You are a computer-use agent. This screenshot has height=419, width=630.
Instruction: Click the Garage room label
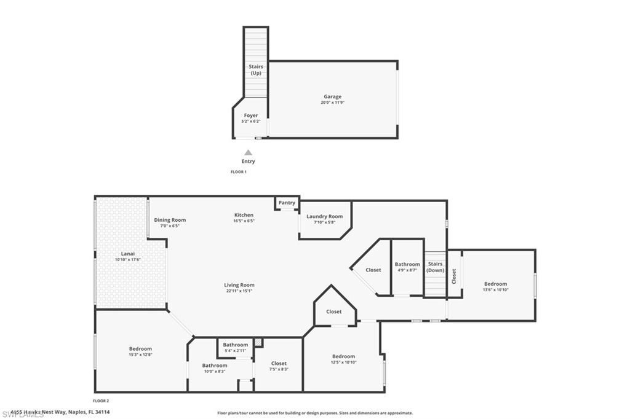pos(333,96)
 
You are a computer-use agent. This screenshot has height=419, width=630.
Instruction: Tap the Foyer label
pos(251,116)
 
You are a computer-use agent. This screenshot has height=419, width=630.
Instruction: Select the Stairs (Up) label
pos(256,69)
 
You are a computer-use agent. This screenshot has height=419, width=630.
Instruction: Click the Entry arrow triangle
pos(248,152)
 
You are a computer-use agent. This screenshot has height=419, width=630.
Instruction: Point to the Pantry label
pos(287,203)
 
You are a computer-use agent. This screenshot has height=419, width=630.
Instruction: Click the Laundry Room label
pos(325,216)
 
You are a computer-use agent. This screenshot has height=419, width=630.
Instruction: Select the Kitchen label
pos(244,215)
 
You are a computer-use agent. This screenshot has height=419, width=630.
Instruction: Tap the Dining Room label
pos(170,220)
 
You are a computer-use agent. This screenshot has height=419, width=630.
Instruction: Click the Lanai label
pos(128,254)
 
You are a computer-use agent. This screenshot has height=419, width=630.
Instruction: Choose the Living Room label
pos(239,285)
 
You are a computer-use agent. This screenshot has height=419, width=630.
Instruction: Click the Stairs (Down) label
pos(436,267)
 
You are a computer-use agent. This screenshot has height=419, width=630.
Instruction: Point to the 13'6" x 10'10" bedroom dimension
pos(495,290)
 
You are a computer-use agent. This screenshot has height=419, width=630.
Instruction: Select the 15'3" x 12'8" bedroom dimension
pos(140,354)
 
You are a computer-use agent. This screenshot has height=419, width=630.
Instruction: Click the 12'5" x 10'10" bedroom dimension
pos(343,362)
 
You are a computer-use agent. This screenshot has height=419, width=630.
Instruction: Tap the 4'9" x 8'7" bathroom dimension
pos(407,270)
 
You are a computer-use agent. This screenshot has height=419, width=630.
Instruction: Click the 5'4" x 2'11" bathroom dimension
pos(236,350)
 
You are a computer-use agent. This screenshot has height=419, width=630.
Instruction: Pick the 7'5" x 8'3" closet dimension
pos(279,369)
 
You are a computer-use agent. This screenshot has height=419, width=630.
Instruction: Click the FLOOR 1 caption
pos(239,172)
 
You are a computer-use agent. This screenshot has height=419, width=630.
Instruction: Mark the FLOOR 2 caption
pos(102,401)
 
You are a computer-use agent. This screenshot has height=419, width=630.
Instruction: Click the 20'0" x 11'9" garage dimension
pos(333,103)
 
